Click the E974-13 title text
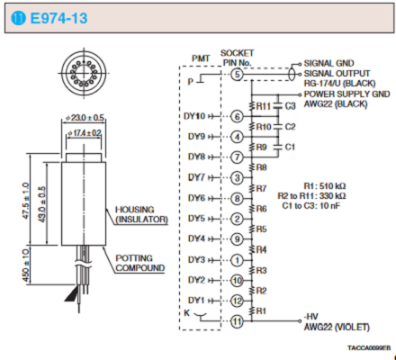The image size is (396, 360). [58, 18]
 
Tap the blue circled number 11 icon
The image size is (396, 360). [18, 18]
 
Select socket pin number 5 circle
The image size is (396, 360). [237, 74]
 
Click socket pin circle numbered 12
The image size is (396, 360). [237, 301]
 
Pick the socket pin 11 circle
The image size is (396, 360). [237, 321]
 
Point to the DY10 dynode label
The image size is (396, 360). [194, 116]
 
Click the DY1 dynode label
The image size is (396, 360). [196, 301]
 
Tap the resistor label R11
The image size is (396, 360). [264, 106]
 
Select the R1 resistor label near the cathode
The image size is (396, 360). [261, 311]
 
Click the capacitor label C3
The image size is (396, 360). [290, 106]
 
